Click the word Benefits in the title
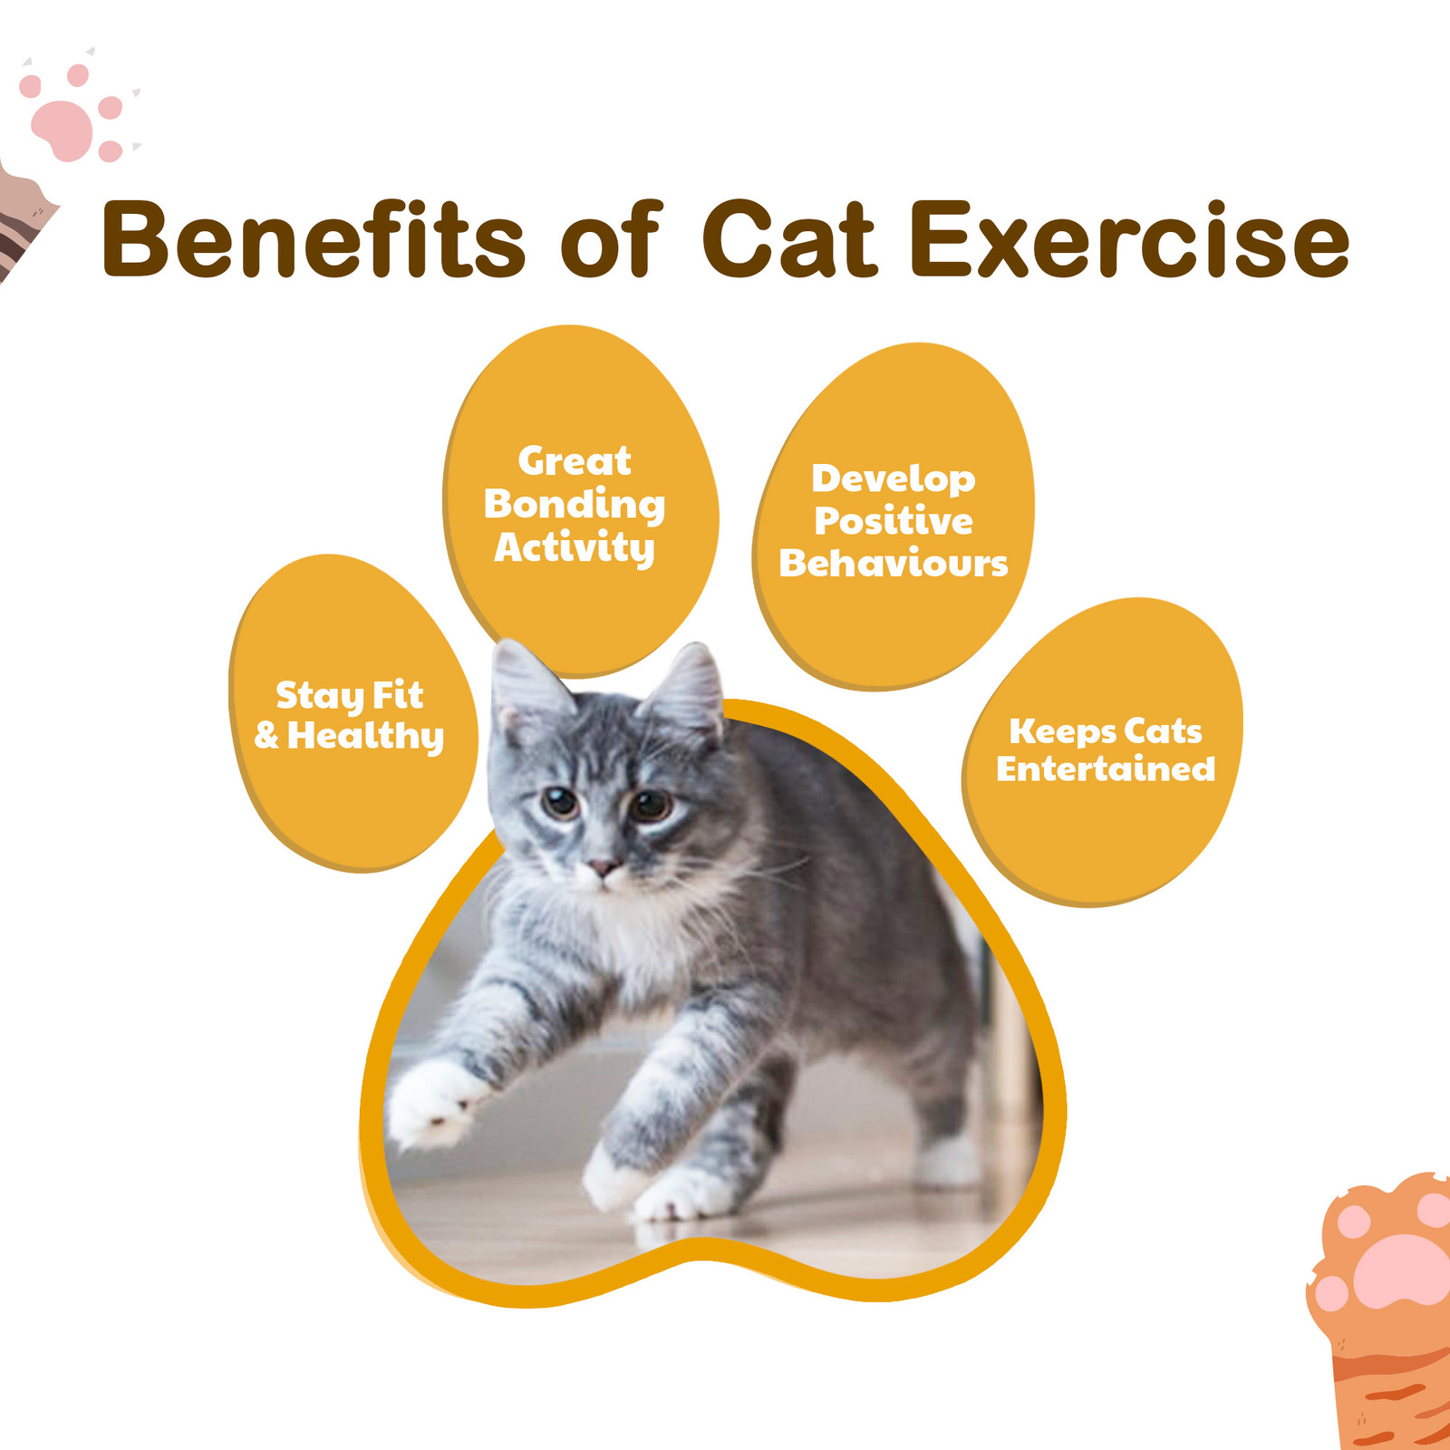point(313,240)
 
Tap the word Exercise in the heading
point(1129,240)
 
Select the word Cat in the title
point(789,240)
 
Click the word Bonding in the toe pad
point(575,504)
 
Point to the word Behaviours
point(894,564)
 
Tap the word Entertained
point(1106,768)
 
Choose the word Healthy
point(366,736)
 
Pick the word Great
point(575,461)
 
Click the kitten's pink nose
point(600,867)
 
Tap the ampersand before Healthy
point(266,735)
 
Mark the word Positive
point(894,521)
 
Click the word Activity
point(575,547)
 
